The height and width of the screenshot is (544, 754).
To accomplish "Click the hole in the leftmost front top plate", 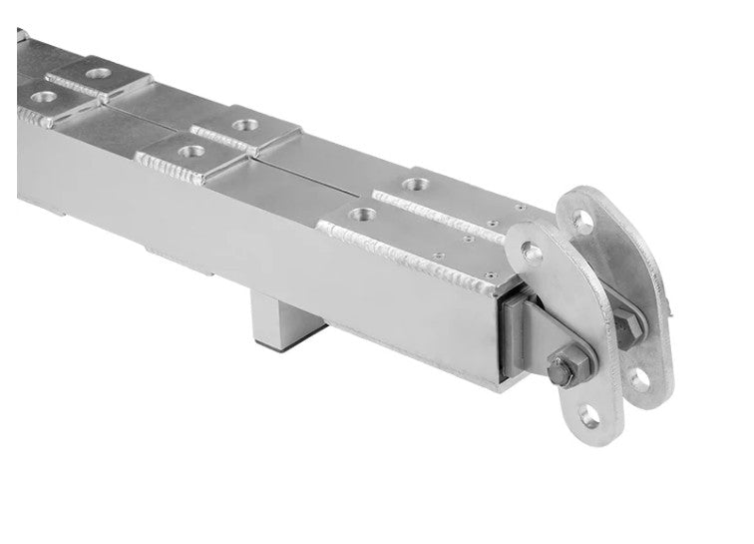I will (44, 97).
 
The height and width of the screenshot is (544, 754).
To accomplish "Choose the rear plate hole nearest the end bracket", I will (412, 184).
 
